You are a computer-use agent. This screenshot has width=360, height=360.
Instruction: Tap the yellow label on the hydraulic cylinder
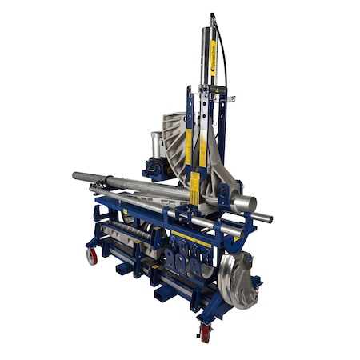click(x=214, y=56)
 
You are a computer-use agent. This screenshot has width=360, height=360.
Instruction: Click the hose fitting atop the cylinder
click(x=212, y=16)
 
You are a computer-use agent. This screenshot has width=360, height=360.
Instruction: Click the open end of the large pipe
click(x=249, y=203)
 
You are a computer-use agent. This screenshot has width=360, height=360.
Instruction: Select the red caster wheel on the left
click(x=92, y=256)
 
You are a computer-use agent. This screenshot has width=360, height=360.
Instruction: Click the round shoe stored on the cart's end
click(x=236, y=280)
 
